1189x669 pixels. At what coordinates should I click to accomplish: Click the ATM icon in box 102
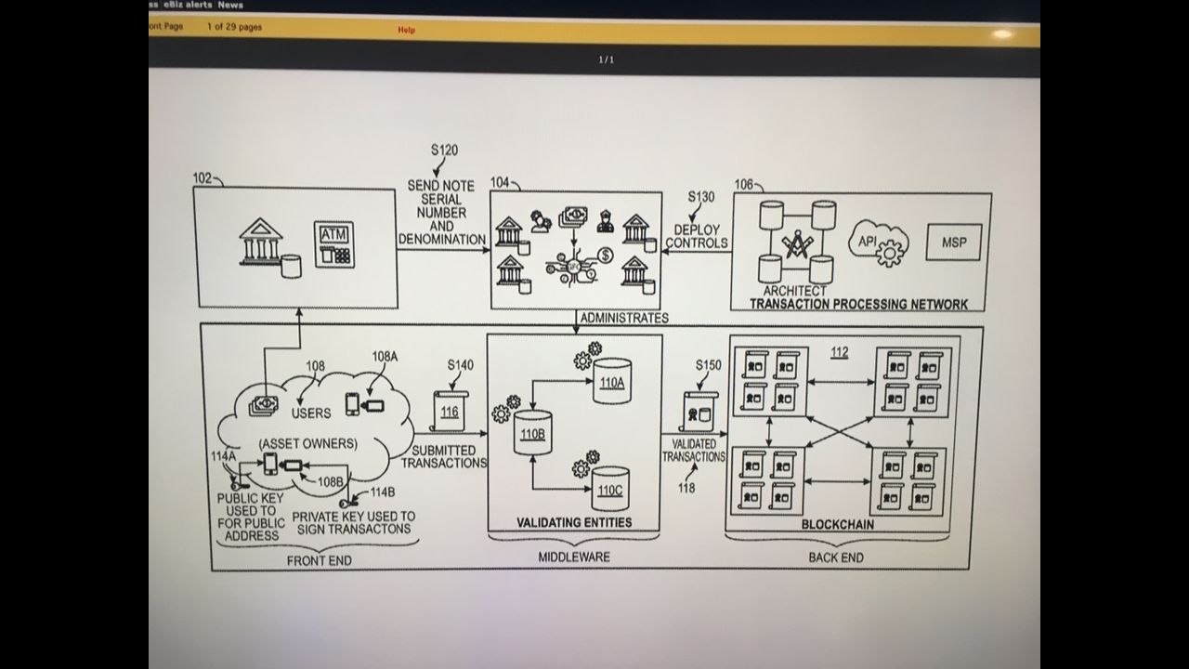334,243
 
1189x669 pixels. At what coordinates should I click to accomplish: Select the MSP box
953,242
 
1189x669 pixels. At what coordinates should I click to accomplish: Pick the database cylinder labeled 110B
531,431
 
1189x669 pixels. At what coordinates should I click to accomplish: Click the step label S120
444,150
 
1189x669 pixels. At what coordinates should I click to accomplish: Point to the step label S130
701,197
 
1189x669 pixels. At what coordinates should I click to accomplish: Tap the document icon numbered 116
450,409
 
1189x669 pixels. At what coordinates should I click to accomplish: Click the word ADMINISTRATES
623,318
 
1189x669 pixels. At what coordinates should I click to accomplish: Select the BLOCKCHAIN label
837,524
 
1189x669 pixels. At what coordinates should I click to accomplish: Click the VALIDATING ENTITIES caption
574,522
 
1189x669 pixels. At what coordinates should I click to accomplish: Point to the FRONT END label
319,560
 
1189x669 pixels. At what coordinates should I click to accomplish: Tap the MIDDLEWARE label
574,557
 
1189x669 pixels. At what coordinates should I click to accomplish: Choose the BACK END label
836,557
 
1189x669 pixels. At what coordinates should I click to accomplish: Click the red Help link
406,30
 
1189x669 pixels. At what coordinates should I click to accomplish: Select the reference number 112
839,353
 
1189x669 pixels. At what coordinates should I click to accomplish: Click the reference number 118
686,488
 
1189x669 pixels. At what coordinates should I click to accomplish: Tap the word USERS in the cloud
311,413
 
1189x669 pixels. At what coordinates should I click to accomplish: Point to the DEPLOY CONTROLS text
697,236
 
